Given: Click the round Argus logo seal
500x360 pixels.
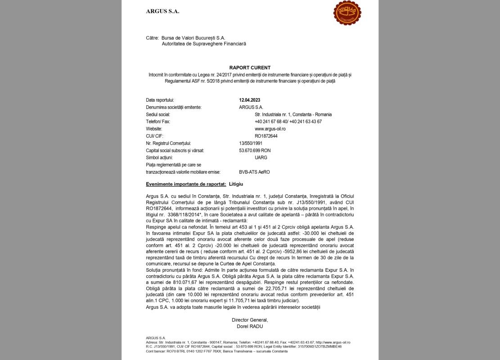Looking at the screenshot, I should [x=347, y=13].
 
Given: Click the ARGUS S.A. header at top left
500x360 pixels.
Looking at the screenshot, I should [x=162, y=11].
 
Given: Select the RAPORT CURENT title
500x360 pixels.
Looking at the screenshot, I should [x=250, y=68].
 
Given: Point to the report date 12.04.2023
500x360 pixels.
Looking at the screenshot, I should [x=250, y=100].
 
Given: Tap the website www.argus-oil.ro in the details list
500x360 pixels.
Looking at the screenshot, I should [x=270, y=129].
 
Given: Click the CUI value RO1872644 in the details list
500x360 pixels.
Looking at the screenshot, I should [x=266, y=136].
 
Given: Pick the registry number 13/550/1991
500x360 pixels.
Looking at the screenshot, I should [x=251, y=143].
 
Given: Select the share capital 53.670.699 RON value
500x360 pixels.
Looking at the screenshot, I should [x=255, y=150].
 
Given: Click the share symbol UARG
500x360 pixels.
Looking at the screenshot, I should [x=261, y=157].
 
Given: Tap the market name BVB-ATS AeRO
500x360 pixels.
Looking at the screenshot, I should [x=254, y=172].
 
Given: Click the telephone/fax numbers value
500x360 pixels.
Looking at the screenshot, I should [x=288, y=121].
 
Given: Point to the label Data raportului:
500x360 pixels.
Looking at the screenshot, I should [x=160, y=100].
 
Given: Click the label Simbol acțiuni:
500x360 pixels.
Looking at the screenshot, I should [x=159, y=157].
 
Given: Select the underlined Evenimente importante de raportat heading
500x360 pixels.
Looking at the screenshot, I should [x=186, y=184].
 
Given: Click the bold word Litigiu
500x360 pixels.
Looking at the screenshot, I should [x=236, y=184].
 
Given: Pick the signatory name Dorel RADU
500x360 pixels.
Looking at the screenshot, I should [x=250, y=326].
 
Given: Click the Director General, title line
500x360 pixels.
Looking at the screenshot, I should [x=250, y=320].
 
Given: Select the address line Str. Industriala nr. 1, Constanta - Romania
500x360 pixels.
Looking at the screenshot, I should [x=293, y=114].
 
